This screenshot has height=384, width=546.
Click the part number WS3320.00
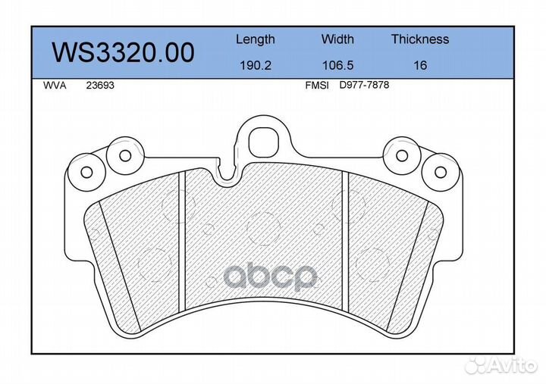coord(123,52)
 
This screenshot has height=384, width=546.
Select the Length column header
coord(256,39)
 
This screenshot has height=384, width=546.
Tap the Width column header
coord(337,39)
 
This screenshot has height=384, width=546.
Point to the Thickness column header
coord(420,39)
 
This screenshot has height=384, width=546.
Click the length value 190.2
coord(256,65)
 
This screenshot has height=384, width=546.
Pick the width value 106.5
coord(337,65)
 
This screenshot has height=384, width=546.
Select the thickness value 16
coord(420,65)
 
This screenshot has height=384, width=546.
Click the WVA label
coord(55,86)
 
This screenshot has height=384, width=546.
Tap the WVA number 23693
coord(100,86)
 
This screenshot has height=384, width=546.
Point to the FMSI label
coord(317,86)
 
